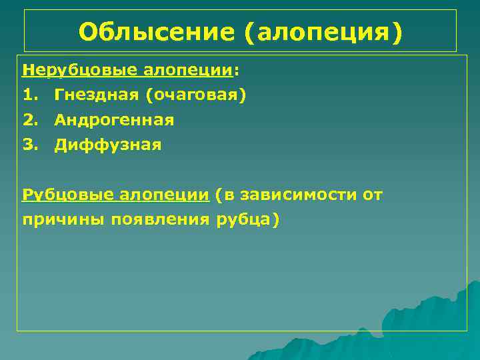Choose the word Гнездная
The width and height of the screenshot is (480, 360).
(x=96, y=95)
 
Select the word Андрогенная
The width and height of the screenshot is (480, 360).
(x=114, y=120)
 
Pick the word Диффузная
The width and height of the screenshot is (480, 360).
(x=108, y=145)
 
